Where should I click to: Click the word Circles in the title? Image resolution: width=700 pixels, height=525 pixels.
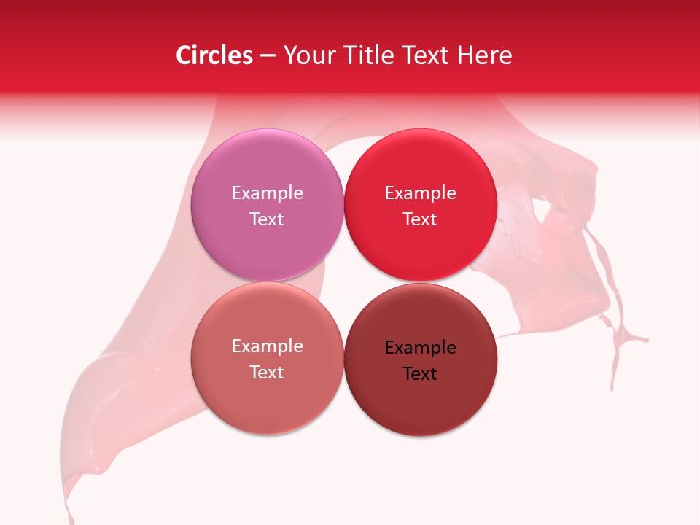click(214, 55)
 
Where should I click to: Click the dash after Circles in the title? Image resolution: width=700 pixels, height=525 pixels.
click(268, 56)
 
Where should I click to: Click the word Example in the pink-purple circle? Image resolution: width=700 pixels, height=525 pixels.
click(267, 192)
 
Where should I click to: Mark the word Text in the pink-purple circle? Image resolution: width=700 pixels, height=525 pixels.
click(267, 219)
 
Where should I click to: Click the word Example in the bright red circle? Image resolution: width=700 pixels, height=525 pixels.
click(420, 192)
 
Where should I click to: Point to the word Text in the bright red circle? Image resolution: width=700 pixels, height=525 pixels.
click(420, 219)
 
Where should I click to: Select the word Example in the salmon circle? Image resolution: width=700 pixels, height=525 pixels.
click(267, 346)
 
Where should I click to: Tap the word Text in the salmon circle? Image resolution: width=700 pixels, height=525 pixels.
click(267, 372)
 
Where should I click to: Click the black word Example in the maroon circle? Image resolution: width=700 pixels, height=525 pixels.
click(420, 347)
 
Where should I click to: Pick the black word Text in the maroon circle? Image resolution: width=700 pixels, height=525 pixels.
click(420, 373)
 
